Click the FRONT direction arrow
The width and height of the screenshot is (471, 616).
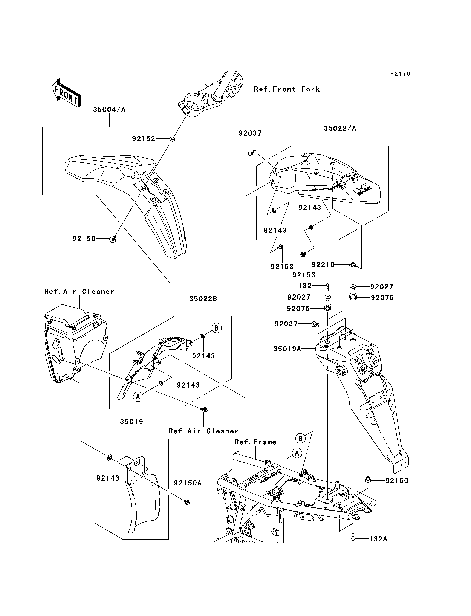tap(66, 93)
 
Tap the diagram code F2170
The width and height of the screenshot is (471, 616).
tap(400, 74)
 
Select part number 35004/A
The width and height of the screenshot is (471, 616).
tap(109, 110)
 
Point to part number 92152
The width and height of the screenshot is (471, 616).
tap(144, 139)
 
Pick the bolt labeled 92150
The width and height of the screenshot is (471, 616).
tap(113, 239)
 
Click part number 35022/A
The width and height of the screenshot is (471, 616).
tap(340, 128)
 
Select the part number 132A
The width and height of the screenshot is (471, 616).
tap(378, 539)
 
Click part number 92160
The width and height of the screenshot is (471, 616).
tap(397, 481)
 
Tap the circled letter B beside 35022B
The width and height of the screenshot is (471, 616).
tap(216, 328)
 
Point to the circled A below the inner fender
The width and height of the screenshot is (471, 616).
tap(138, 397)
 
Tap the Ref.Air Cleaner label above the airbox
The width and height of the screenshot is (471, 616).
tap(79, 292)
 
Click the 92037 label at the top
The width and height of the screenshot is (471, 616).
tap(250, 133)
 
